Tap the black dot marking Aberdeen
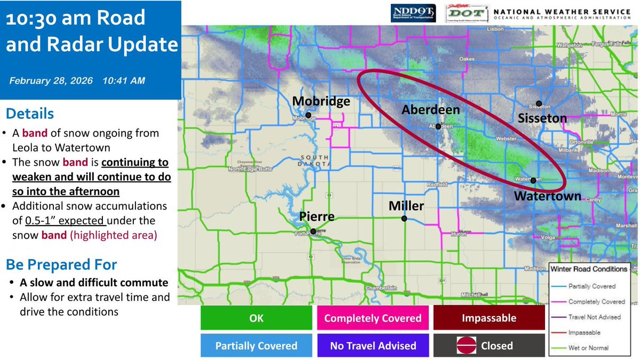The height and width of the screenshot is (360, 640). point(438,126)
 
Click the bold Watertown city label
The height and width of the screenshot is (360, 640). point(547,196)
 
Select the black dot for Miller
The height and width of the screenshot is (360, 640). point(404,219)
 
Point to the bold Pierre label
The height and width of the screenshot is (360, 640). point(317,217)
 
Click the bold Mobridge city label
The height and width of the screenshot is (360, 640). point(321,101)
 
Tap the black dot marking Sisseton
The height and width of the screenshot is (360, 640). point(539,103)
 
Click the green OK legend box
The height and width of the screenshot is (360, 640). point(257,318)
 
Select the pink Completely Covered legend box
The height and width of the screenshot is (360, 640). point(373,318)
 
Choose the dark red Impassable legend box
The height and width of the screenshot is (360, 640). point(489,318)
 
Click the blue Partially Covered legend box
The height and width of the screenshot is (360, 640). point(257,346)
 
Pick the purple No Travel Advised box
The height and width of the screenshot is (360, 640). point(373,346)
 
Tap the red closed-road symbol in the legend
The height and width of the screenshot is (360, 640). point(465,346)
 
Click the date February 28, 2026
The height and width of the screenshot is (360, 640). point(51,81)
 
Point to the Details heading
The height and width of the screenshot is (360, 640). point(30,114)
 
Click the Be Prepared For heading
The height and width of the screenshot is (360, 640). point(61,265)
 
